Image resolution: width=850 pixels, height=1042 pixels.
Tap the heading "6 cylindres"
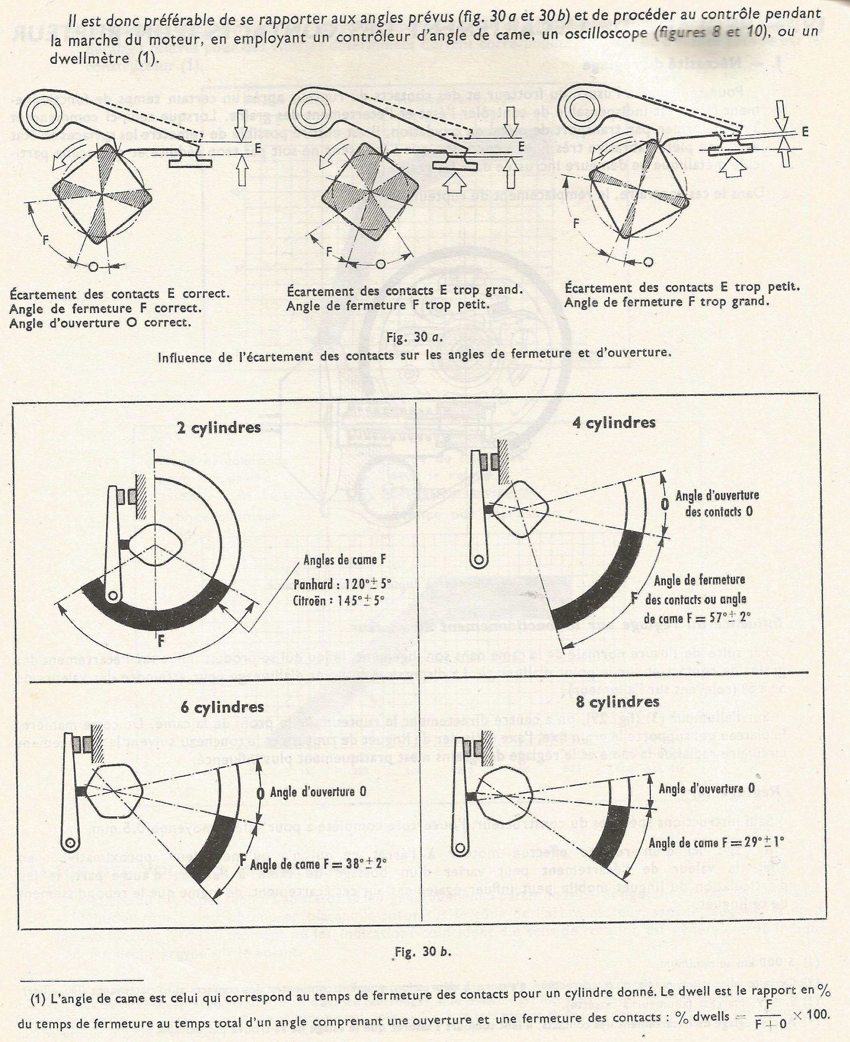click(x=222, y=707)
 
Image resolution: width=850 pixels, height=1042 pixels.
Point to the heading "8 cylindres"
click(x=617, y=702)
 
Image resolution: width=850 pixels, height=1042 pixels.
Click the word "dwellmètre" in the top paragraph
click(x=90, y=58)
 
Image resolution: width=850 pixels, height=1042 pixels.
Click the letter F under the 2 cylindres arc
click(x=161, y=641)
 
